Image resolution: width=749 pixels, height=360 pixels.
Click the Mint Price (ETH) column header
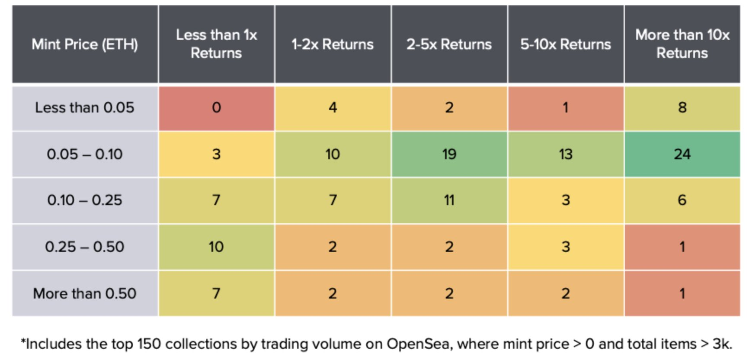click(85, 44)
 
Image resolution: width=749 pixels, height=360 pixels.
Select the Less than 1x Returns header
click(216, 44)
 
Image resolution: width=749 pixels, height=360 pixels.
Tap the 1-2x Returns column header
click(333, 44)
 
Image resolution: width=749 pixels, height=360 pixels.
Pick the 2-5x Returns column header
click(449, 44)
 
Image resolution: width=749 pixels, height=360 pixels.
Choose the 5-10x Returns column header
click(566, 44)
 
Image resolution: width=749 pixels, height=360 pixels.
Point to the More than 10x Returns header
click(682, 44)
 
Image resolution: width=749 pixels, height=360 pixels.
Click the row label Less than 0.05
click(85, 108)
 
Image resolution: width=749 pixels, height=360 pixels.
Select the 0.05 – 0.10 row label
click(85, 154)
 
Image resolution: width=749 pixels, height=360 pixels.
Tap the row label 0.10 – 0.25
click(85, 200)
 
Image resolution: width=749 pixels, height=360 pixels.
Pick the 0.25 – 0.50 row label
click(85, 247)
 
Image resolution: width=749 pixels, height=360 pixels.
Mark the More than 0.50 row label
click(85, 293)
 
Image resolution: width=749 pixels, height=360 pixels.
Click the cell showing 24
click(682, 154)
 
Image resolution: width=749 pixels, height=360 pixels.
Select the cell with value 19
click(449, 154)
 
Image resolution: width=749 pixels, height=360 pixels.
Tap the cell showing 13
click(566, 154)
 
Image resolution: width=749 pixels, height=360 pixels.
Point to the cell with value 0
click(216, 108)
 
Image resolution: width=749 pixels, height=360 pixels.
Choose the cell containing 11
click(449, 200)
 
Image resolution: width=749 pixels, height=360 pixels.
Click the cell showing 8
click(682, 108)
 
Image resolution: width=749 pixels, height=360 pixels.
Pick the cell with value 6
click(682, 200)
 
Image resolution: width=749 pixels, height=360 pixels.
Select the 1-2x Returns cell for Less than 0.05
click(333, 108)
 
